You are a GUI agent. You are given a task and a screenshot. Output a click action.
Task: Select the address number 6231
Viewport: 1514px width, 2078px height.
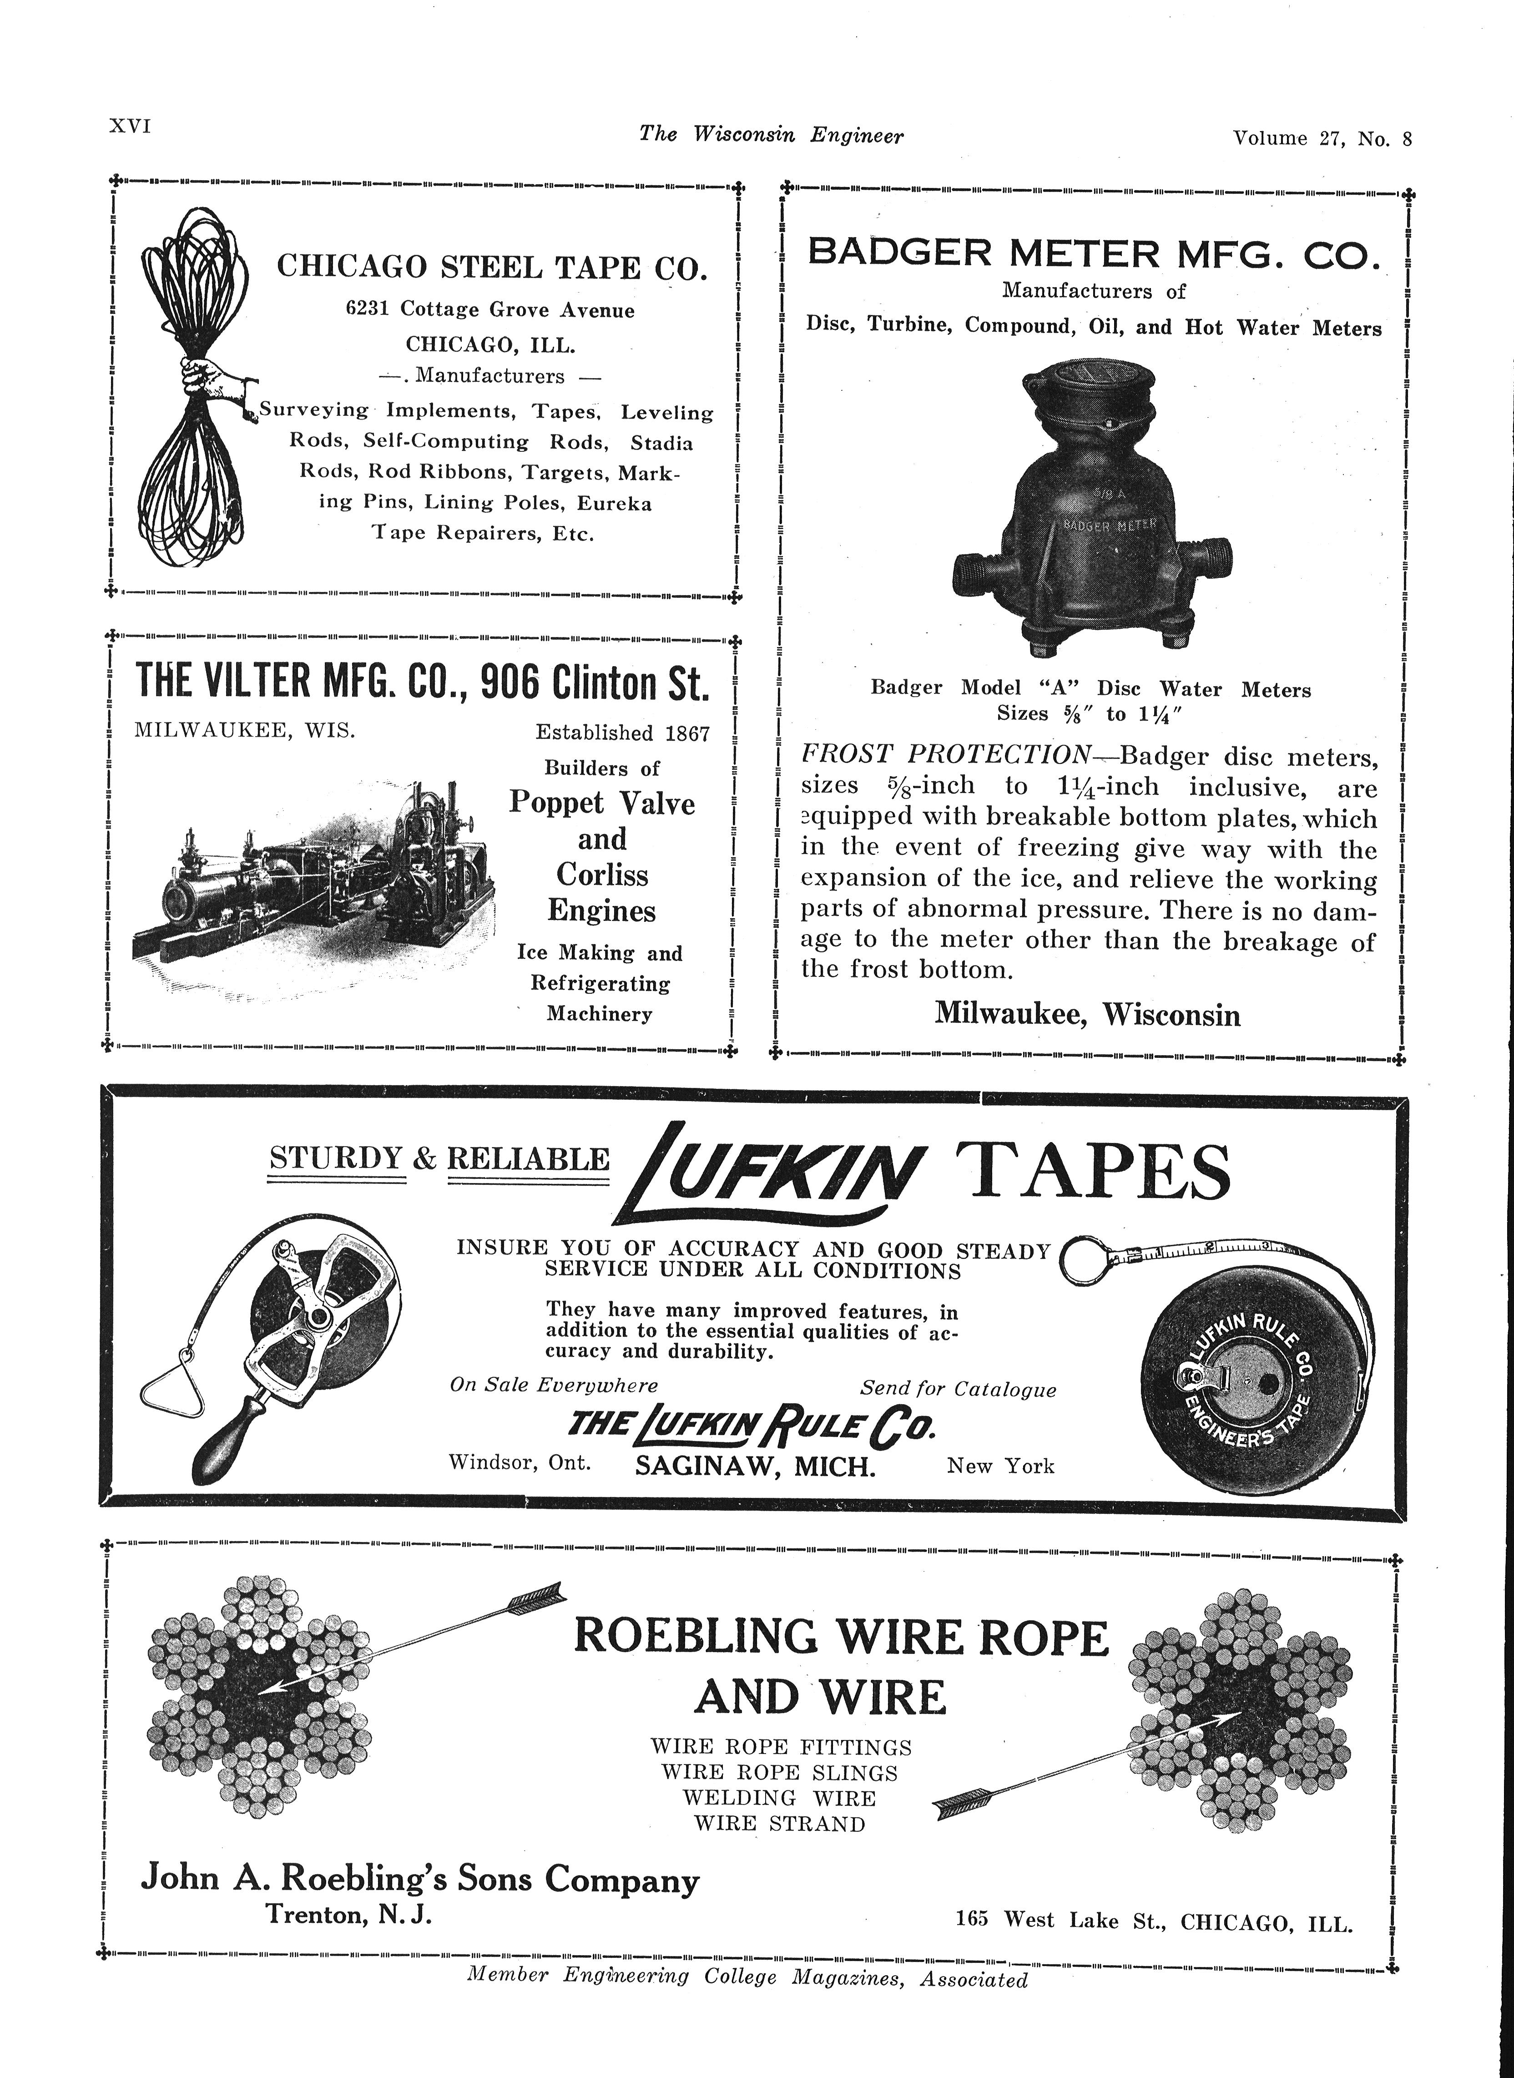(369, 310)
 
